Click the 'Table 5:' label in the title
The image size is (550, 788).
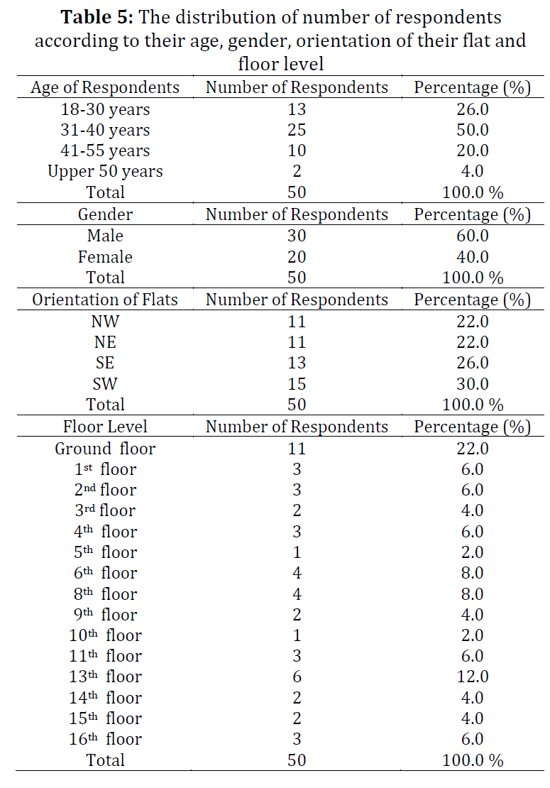point(97,17)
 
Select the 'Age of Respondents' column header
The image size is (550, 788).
point(105,87)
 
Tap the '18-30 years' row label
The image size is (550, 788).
point(105,109)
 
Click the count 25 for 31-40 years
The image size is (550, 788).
point(297,130)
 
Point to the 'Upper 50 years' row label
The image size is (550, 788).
point(105,171)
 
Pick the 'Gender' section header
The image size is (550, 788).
point(105,214)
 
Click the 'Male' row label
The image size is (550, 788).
point(105,235)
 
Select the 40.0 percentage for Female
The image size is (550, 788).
point(472,257)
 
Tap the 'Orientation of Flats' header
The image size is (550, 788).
point(105,300)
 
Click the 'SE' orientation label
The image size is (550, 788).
point(105,363)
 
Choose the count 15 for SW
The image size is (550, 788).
point(297,384)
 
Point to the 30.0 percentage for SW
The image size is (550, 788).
point(472,384)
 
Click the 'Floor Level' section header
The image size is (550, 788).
point(105,427)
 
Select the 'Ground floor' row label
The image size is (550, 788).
point(105,448)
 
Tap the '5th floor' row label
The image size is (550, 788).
point(105,552)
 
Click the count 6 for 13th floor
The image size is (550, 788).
point(297,677)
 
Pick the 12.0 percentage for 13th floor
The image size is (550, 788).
point(472,677)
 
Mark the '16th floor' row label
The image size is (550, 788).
point(105,739)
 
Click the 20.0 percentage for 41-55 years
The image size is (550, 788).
point(472,151)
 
